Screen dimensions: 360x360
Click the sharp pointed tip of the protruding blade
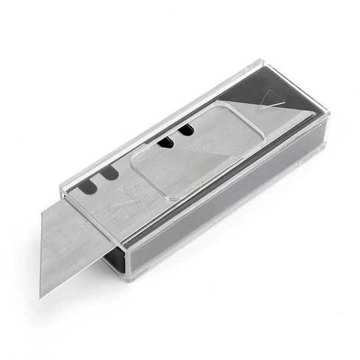[x=41, y=296]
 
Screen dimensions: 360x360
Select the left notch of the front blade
[x=88, y=186]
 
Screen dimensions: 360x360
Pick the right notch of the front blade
[x=109, y=175]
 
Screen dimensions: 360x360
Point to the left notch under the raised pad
[x=164, y=143]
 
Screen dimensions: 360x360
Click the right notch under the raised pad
[x=185, y=130]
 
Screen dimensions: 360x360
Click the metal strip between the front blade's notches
[x=99, y=182]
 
